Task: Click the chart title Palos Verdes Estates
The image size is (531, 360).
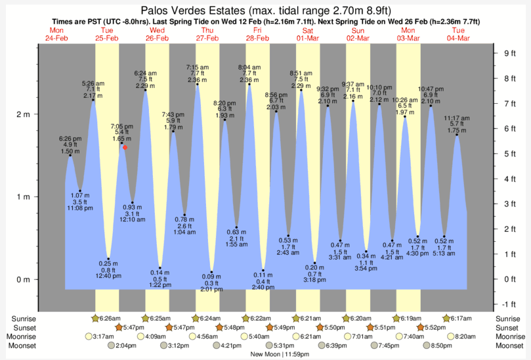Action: click(x=265, y=11)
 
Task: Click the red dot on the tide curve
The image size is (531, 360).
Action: click(x=125, y=147)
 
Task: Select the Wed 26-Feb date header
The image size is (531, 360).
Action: click(x=157, y=35)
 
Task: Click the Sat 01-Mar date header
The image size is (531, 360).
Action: click(x=307, y=35)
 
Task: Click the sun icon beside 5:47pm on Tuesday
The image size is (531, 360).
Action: click(x=118, y=327)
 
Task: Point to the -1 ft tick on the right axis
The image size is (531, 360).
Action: click(x=507, y=304)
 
